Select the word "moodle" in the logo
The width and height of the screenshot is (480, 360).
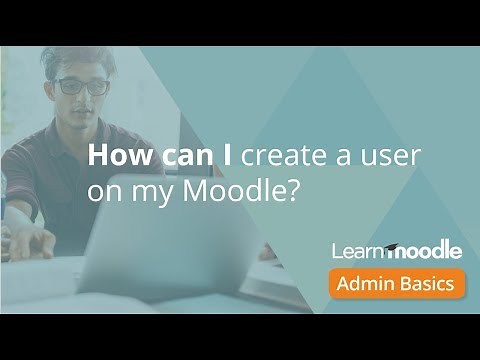[x=424, y=249]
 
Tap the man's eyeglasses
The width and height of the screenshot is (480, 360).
[x=81, y=86]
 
